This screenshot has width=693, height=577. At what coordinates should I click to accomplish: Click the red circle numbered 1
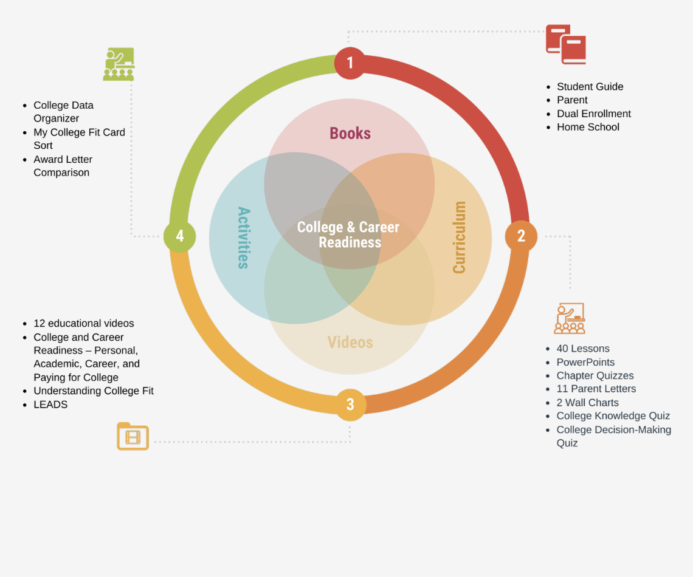coord(350,63)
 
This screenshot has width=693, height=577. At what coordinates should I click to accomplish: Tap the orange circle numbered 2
coord(521,236)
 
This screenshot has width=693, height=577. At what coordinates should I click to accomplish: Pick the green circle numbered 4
coord(180,236)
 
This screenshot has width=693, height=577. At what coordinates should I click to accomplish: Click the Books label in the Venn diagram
coord(350,134)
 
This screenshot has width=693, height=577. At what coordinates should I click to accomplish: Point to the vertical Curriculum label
coord(460,237)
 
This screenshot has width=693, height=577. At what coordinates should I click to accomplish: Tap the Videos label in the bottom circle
coord(350,343)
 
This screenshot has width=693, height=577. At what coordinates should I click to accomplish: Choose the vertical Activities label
coord(243,237)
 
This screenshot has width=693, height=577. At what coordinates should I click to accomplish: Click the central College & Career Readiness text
coord(348,234)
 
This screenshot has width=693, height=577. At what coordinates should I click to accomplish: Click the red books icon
coord(566,44)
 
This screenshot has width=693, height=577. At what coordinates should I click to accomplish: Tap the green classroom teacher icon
coord(119,64)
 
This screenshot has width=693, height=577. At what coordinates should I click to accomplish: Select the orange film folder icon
coord(133,436)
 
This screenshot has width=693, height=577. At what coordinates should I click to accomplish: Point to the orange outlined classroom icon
coord(570,318)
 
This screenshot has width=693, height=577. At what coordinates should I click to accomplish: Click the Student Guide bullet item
coord(590,87)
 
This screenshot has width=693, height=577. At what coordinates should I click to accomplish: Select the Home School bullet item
coord(588,127)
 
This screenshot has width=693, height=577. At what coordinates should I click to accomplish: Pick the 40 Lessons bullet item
coord(582,349)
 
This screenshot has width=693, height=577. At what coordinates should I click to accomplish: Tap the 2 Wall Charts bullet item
coord(587,403)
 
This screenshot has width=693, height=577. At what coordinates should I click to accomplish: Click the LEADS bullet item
coord(50,405)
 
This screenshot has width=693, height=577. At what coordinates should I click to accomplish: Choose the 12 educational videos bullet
coord(83,324)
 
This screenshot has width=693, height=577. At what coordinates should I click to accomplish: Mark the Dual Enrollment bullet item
coord(593,114)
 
